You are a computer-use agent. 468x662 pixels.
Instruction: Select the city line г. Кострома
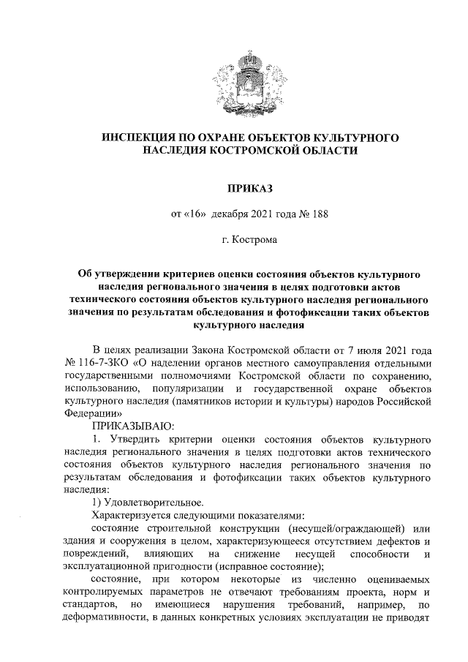[233, 239]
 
